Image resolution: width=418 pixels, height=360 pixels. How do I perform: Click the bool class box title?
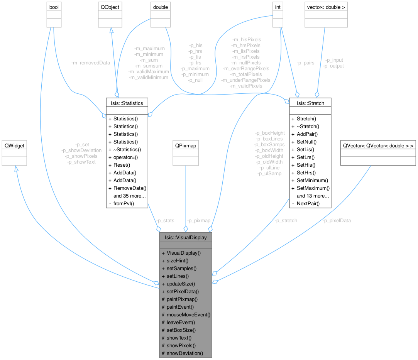(x=54, y=7)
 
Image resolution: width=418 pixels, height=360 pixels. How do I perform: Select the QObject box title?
(x=110, y=7)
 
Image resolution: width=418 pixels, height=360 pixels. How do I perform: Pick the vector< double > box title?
(x=326, y=7)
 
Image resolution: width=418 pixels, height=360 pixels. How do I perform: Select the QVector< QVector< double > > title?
(x=378, y=145)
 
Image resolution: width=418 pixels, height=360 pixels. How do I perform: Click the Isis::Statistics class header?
(x=127, y=103)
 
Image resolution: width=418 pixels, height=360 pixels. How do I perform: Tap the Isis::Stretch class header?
(x=310, y=103)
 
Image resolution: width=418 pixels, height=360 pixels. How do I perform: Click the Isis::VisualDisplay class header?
(x=186, y=237)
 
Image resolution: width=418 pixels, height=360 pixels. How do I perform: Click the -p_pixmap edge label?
(x=198, y=221)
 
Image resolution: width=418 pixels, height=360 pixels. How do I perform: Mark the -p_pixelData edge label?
(x=337, y=221)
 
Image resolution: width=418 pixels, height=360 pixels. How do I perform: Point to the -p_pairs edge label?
(x=305, y=63)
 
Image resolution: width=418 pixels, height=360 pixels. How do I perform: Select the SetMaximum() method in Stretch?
(x=313, y=188)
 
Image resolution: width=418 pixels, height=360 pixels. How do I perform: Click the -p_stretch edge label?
(x=286, y=221)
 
